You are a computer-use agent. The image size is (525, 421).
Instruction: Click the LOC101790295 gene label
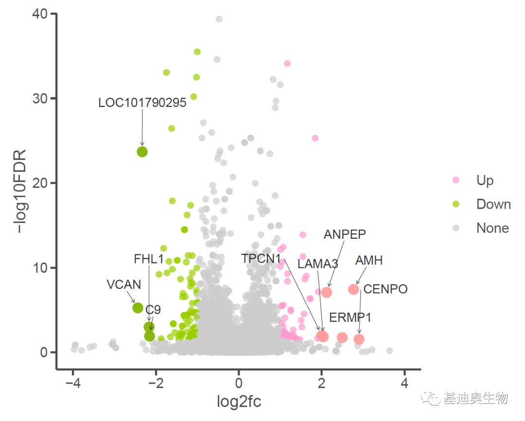click(142, 103)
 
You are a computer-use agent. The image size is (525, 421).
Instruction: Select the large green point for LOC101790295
click(142, 152)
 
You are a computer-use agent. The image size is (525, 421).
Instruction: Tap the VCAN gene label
click(124, 285)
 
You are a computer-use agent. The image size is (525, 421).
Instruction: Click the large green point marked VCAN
click(138, 308)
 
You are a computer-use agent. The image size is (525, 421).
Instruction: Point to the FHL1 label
click(149, 259)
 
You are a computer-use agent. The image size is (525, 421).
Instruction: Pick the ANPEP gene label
click(345, 234)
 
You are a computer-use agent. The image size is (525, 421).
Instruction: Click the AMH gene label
click(369, 261)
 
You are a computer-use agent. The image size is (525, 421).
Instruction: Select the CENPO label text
click(385, 289)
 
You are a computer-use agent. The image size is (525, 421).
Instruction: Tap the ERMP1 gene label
click(350, 318)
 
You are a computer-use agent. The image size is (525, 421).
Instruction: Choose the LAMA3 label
click(318, 264)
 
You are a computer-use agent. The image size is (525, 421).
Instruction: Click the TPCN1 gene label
click(261, 259)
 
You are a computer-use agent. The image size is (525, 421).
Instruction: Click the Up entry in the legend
click(485, 180)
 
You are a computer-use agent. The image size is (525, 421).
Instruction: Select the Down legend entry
click(493, 204)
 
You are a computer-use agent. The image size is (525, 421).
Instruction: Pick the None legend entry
click(492, 228)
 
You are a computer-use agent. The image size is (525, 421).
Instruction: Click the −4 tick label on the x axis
click(72, 383)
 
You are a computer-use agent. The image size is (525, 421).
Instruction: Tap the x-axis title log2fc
click(239, 402)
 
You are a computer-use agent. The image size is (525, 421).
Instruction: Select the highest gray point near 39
click(219, 19)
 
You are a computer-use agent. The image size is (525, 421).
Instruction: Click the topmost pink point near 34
click(287, 64)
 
